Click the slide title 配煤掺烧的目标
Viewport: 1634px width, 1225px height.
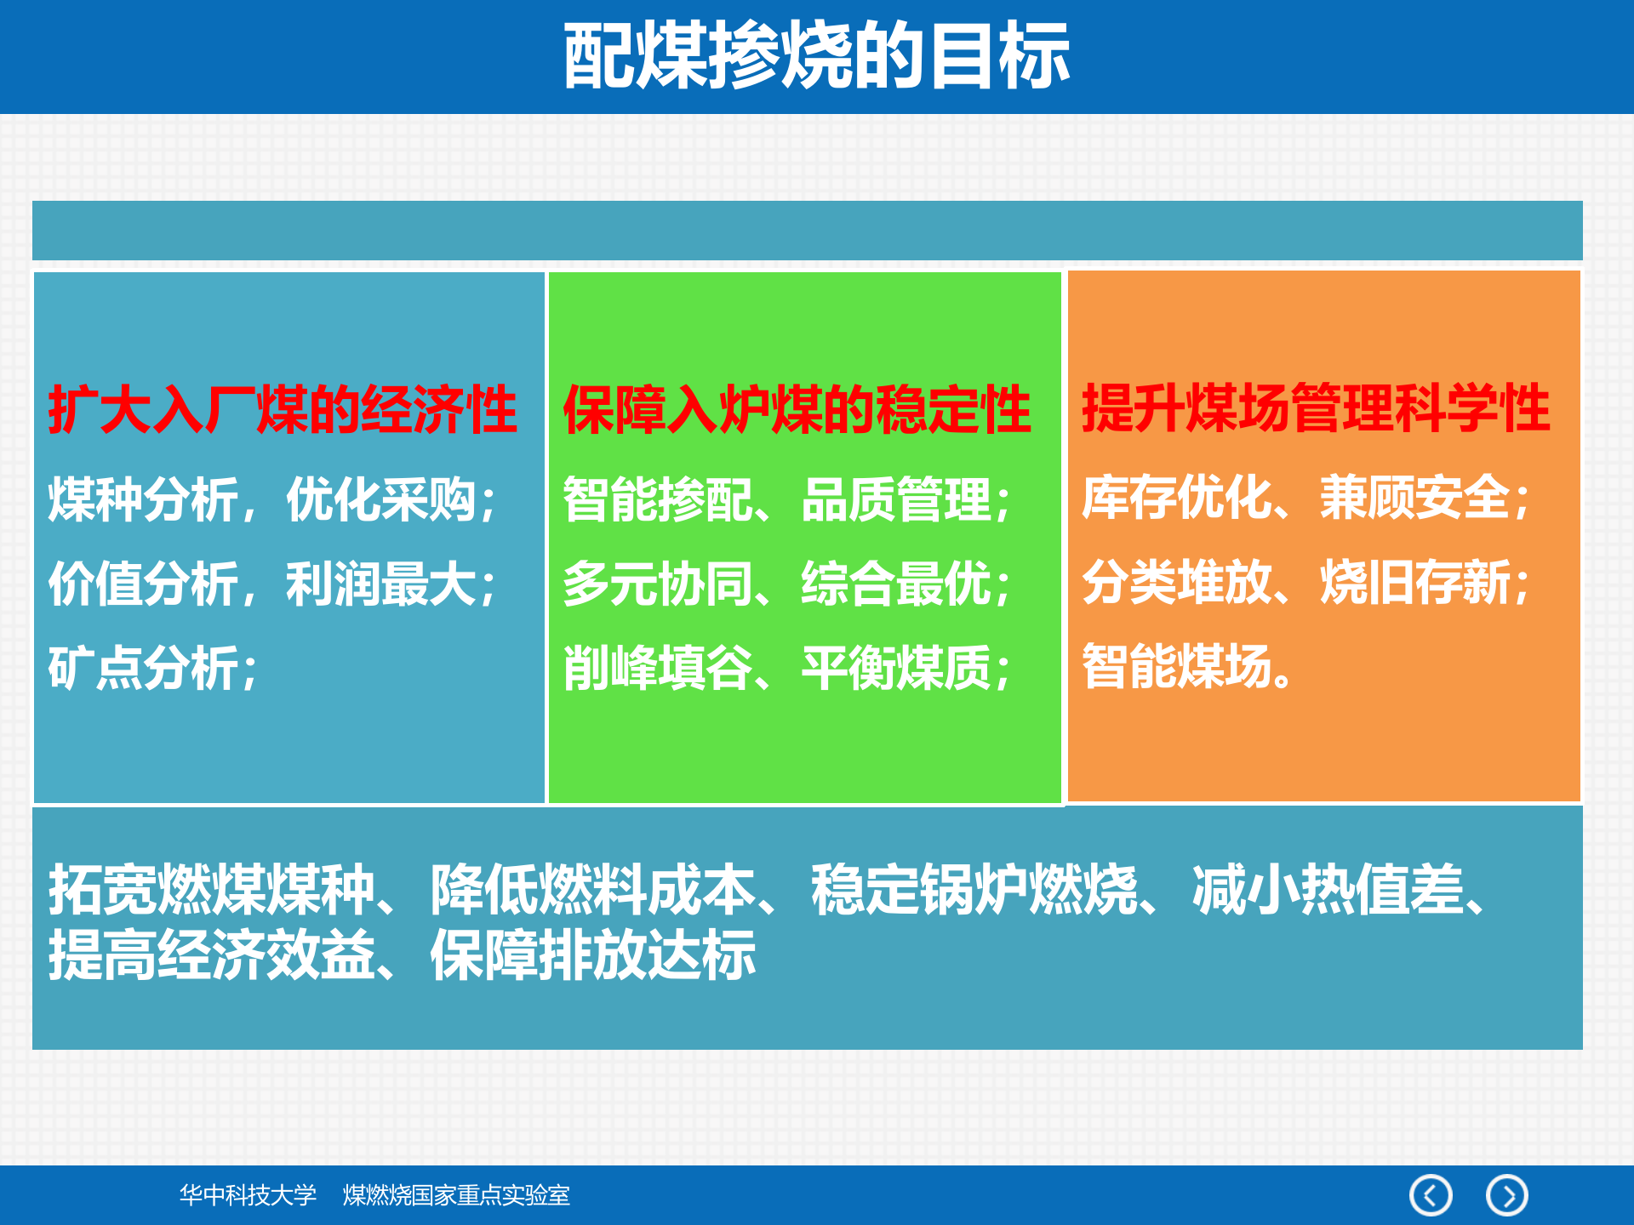[x=816, y=56]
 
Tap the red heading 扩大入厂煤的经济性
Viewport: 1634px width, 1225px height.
[x=283, y=409]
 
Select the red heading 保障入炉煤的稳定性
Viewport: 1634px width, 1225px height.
[x=797, y=409]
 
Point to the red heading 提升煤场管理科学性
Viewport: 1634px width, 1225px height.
[x=1316, y=408]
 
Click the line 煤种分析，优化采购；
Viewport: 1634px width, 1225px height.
[x=272, y=499]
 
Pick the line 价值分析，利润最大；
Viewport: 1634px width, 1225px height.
[x=272, y=584]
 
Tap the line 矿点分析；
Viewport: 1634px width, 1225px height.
[x=153, y=669]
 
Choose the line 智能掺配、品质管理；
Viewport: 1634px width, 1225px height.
[x=787, y=499]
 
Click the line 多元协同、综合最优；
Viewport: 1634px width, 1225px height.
[x=787, y=584]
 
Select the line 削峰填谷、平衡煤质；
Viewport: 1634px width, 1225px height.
[x=787, y=669]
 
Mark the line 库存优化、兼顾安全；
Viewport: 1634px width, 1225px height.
[x=1306, y=498]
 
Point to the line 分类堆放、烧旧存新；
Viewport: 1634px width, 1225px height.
[x=1306, y=583]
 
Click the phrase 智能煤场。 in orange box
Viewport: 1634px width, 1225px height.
[x=1188, y=666]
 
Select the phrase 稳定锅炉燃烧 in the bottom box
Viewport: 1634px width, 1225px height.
[x=974, y=890]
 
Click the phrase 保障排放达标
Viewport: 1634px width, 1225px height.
[x=593, y=955]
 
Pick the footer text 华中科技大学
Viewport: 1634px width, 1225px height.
[x=248, y=1195]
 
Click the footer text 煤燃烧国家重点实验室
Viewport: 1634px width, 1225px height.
[x=456, y=1195]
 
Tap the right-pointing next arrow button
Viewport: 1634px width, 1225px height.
[x=1506, y=1195]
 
